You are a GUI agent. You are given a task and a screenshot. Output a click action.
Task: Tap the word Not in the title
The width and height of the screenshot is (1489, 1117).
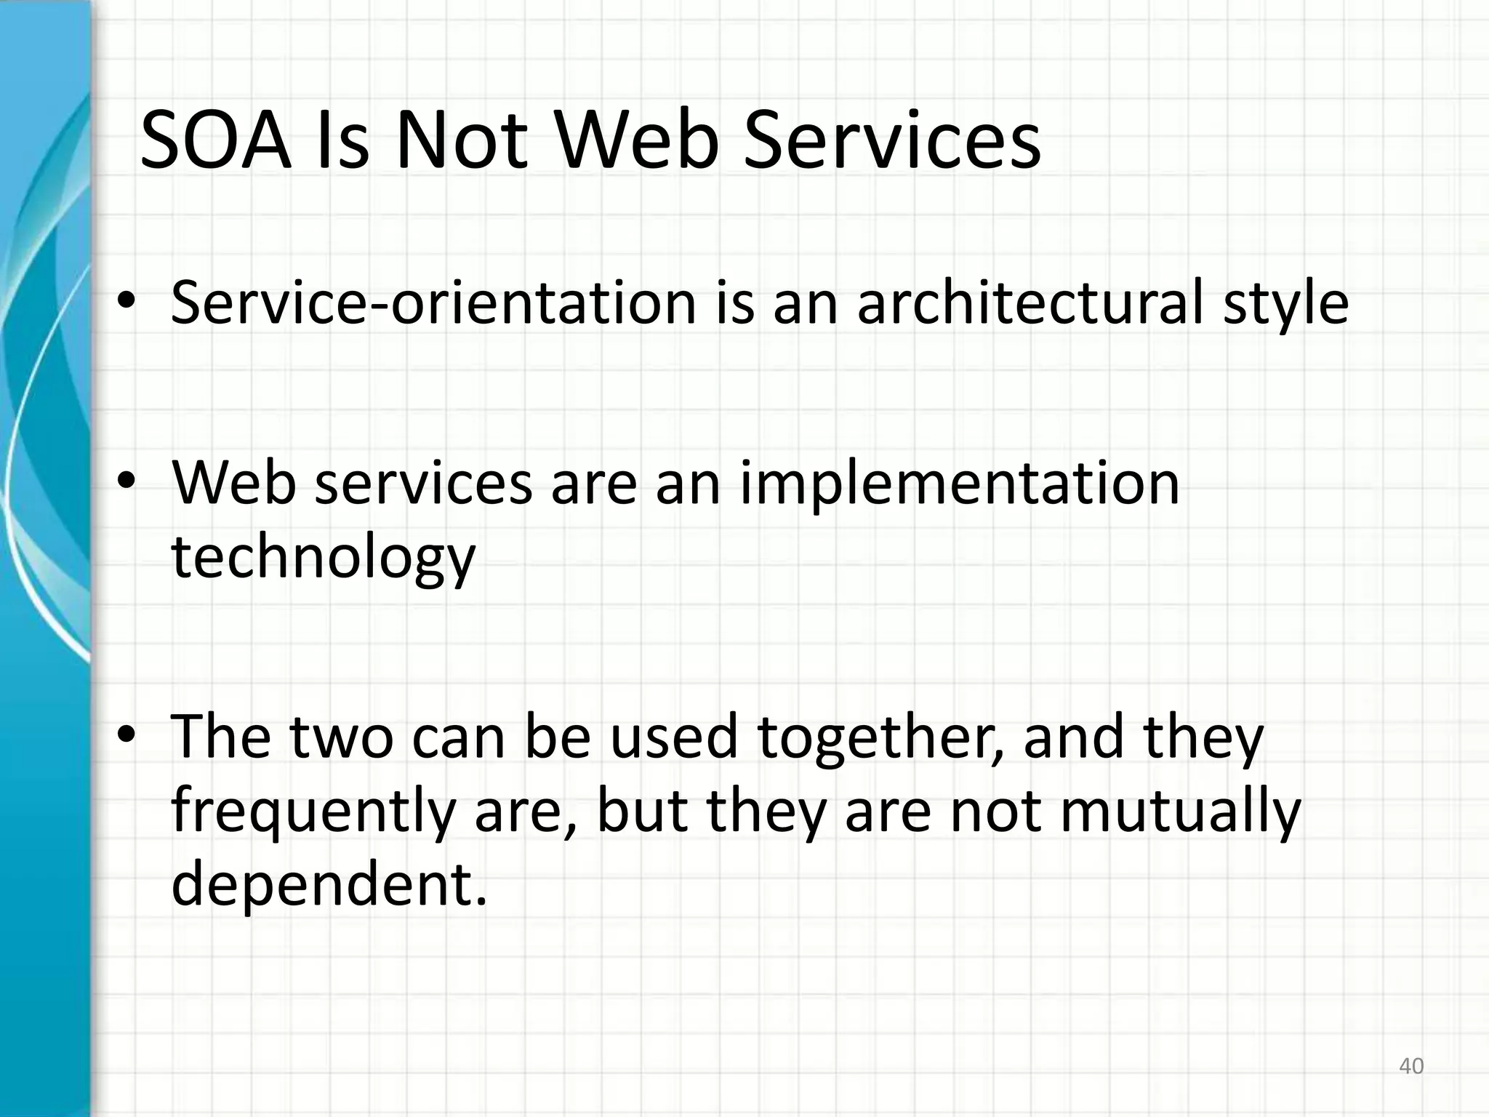tap(461, 141)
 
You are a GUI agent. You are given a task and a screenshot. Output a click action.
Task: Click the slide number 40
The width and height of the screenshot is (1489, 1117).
tap(1411, 1067)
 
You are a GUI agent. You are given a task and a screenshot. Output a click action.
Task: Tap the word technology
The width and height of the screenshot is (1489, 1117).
tap(323, 560)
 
